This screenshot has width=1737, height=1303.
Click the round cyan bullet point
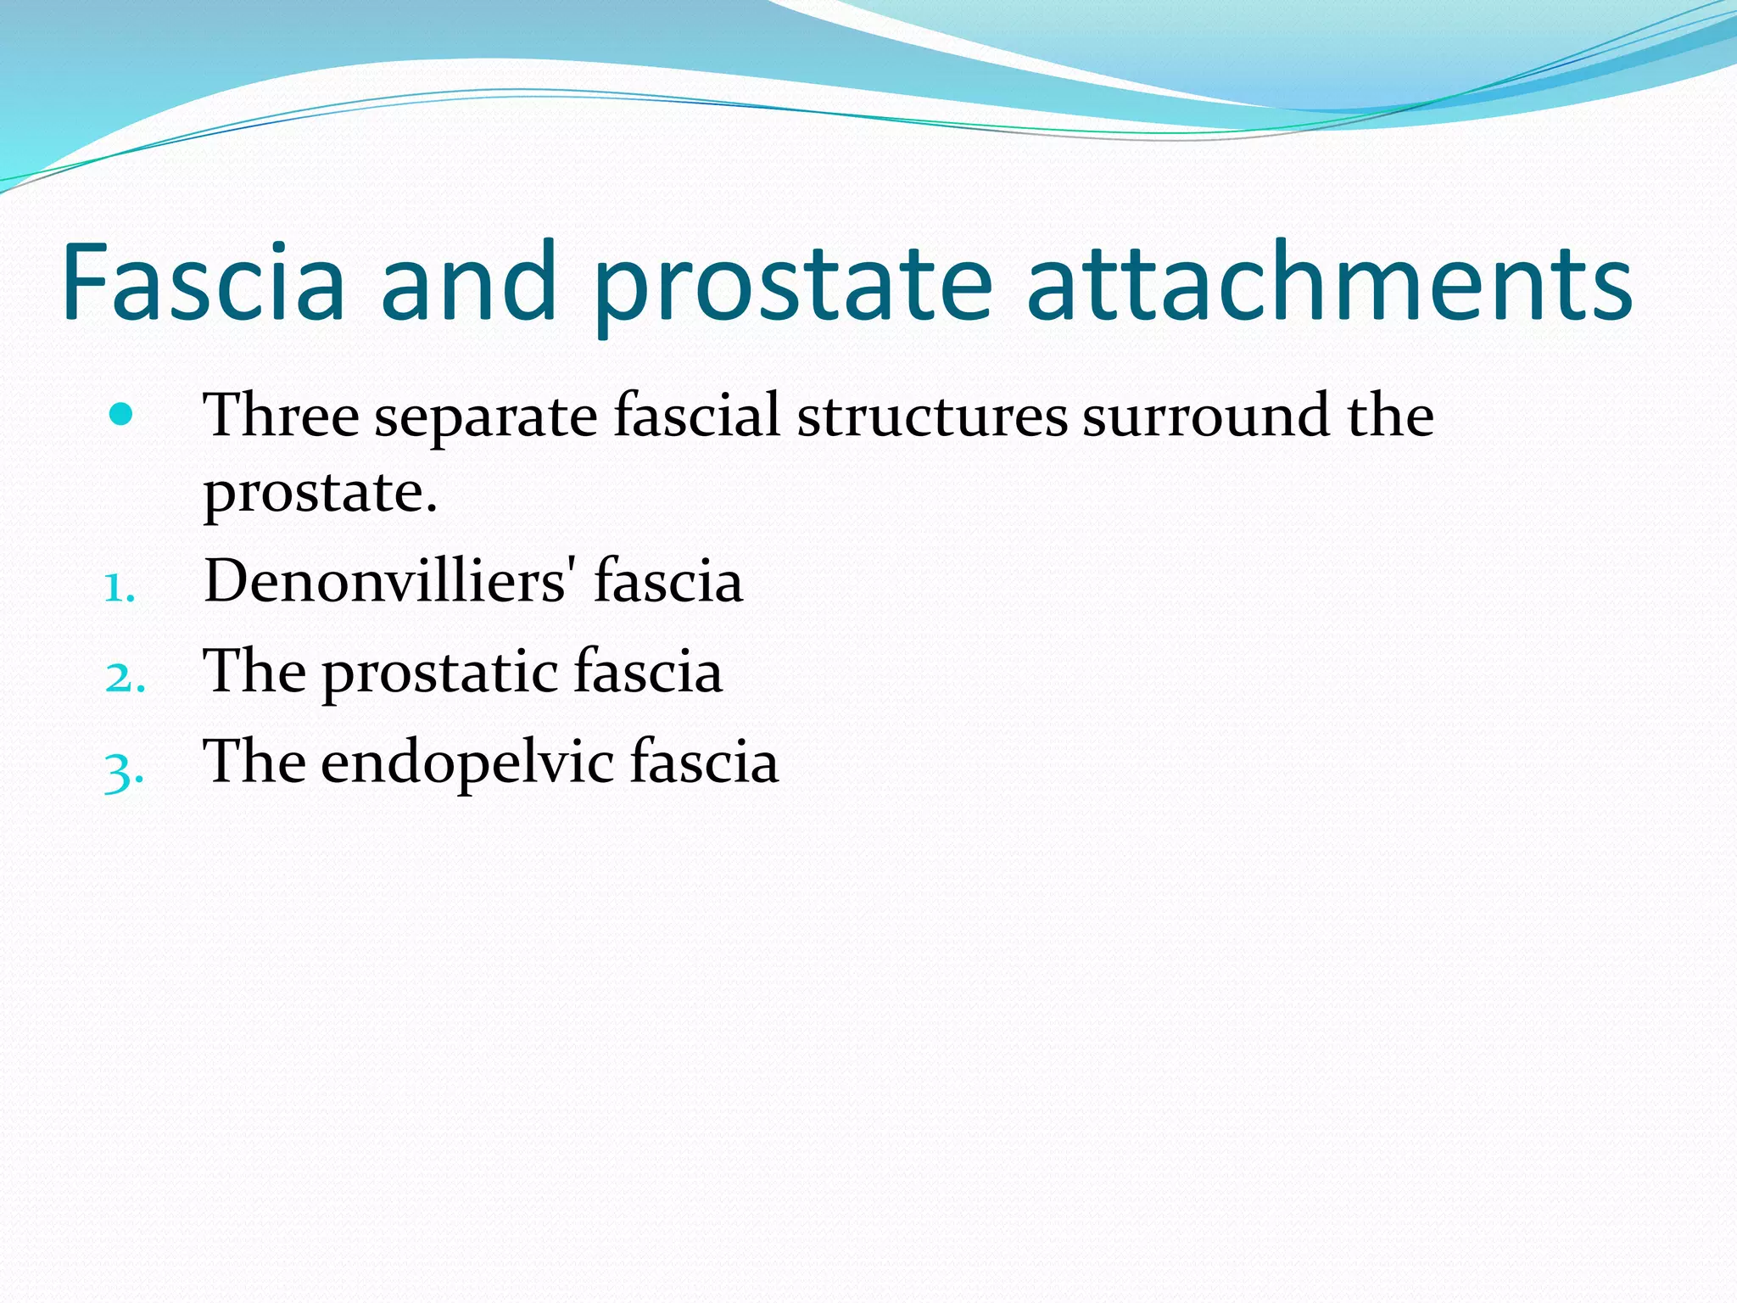point(122,415)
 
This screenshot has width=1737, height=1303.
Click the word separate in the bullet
point(486,417)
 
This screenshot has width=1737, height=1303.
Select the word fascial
point(696,415)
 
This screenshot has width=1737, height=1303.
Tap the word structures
point(931,417)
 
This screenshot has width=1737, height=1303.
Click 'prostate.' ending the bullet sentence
point(320,494)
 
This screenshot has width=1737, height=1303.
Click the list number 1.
point(120,587)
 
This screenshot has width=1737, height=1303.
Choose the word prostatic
point(438,672)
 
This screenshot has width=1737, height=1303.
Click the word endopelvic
point(466,762)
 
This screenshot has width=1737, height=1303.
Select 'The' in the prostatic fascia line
point(254,671)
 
